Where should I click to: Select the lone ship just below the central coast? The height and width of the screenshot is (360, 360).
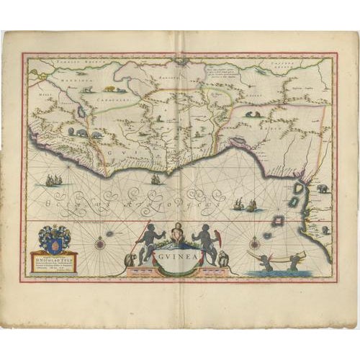(155, 178)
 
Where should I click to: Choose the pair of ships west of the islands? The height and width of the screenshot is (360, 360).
(245, 205)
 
